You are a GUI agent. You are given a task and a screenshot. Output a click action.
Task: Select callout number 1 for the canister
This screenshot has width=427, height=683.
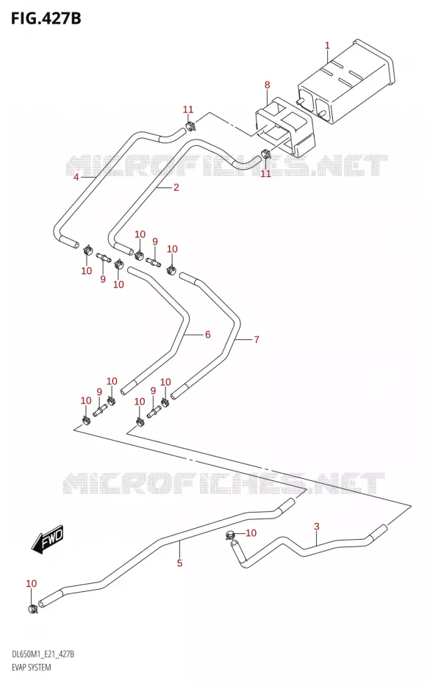(x=327, y=45)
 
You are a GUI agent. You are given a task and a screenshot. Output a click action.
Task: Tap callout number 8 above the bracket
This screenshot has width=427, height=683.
(x=267, y=84)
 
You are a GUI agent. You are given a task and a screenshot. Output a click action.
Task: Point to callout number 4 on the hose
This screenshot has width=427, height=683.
(x=76, y=177)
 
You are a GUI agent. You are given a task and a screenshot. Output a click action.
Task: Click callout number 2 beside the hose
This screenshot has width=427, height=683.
(x=176, y=188)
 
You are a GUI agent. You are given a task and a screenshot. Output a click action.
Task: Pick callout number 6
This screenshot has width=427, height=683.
(x=207, y=334)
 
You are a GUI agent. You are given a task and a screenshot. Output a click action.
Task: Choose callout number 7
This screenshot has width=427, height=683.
(x=256, y=339)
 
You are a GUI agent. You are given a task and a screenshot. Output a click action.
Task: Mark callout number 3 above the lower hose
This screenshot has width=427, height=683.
(x=316, y=526)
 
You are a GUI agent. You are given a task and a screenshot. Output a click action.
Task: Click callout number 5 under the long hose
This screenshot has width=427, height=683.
(x=179, y=563)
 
